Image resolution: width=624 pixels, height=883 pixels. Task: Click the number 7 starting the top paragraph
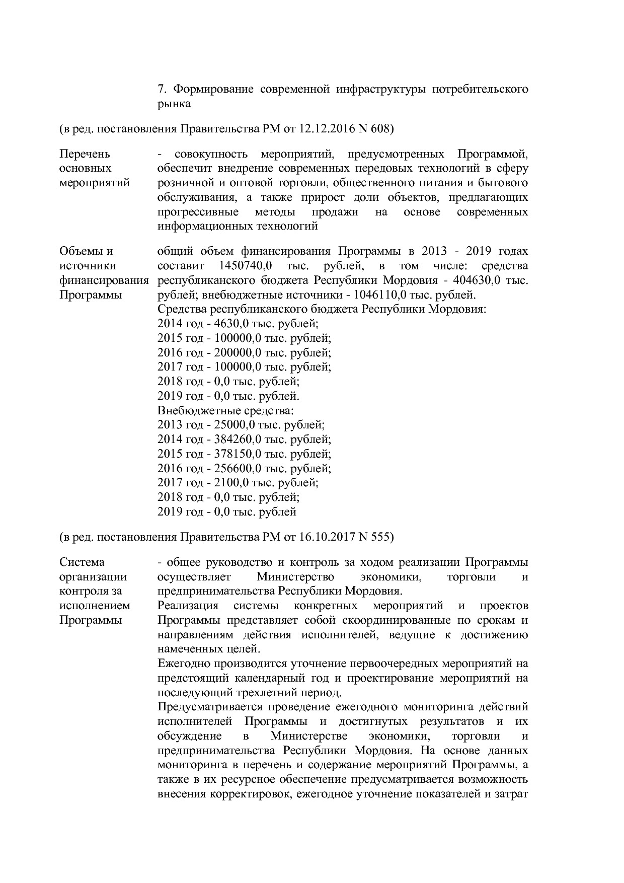pyautogui.click(x=161, y=90)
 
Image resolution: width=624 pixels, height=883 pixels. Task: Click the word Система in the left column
pyautogui.click(x=82, y=562)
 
